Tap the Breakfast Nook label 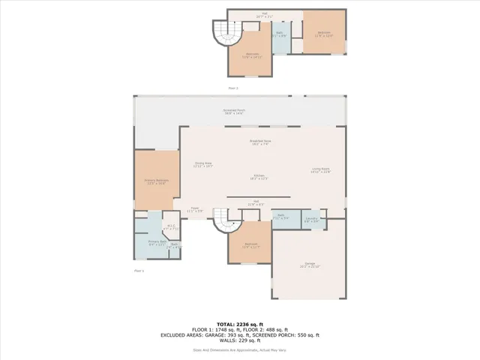259,142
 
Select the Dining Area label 203,164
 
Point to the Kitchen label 259,177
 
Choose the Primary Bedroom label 156,181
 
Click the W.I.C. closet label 170,227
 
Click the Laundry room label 311,220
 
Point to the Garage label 310,265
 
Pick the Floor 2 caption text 232,88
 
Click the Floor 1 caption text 138,270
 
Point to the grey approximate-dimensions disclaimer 239,349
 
